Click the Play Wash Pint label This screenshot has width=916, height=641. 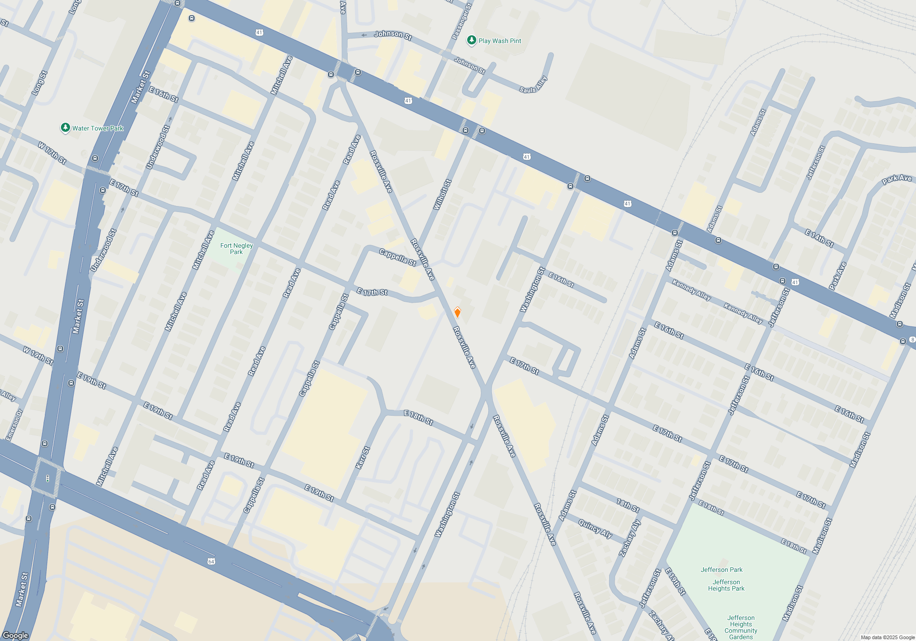[500, 41]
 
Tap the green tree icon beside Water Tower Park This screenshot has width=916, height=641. [65, 128]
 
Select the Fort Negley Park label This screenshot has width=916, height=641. [236, 249]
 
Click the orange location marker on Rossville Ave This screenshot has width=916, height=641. [457, 312]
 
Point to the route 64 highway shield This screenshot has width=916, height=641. [211, 561]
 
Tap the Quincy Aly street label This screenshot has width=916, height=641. [595, 529]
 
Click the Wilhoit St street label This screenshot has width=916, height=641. [442, 195]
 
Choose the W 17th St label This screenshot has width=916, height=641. [52, 153]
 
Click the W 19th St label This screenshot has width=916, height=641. [38, 356]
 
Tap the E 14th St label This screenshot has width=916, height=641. [819, 239]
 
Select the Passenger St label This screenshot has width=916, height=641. [462, 21]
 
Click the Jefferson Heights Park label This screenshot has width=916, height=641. [726, 585]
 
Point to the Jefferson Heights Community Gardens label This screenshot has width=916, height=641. [741, 627]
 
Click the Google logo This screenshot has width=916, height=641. [15, 635]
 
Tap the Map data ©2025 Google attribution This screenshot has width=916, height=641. [887, 637]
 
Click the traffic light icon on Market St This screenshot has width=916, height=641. [48, 479]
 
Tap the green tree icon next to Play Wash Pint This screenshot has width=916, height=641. [471, 40]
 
